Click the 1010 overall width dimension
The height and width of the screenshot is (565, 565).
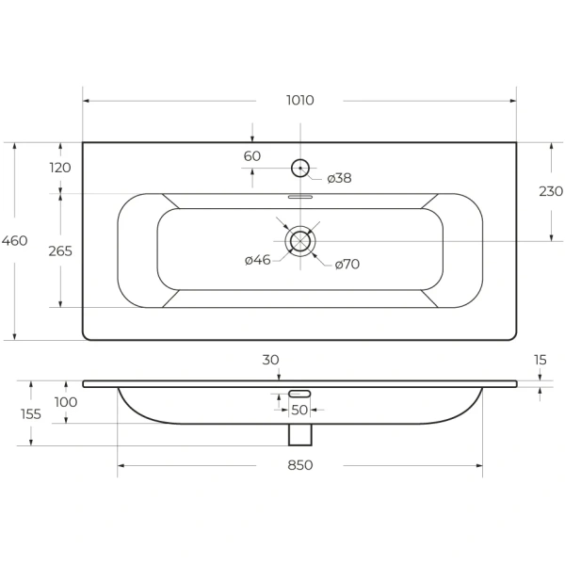pos(300,100)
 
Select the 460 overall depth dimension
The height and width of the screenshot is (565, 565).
pos(14,240)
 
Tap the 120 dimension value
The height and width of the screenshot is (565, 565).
pos(60,168)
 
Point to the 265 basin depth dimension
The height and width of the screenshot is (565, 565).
pos(60,251)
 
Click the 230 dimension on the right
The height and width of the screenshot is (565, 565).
pos(551,191)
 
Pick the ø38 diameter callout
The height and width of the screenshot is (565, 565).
pos(339,178)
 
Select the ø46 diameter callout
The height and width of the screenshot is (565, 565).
pos(258,260)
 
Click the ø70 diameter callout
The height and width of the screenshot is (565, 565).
pos(347,265)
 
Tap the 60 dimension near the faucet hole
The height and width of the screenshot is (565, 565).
pos(251,156)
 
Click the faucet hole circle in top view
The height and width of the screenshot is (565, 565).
pos(300,159)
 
